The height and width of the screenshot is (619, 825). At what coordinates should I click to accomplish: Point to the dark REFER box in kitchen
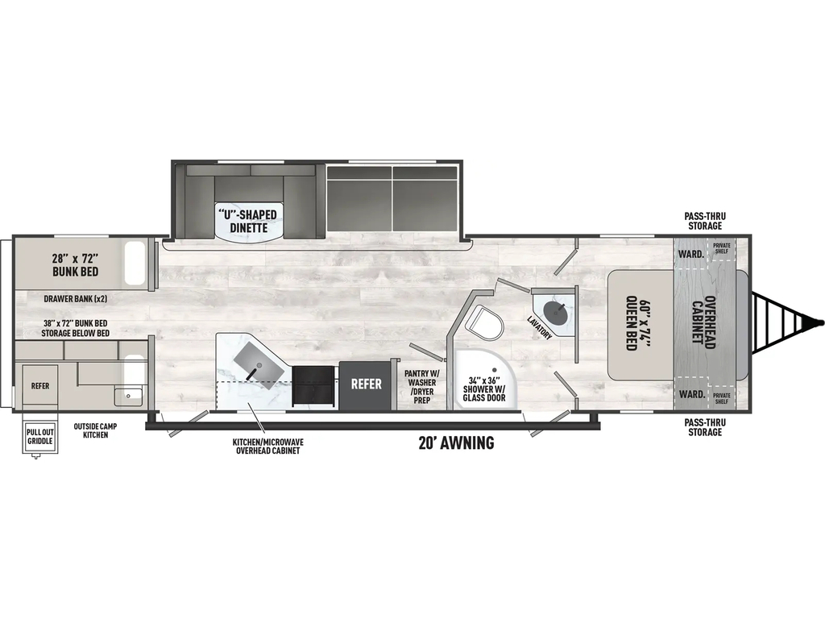tap(365, 384)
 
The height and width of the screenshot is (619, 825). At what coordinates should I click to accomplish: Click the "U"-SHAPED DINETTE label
tap(248, 221)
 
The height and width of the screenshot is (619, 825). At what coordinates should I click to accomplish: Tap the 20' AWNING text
tap(456, 443)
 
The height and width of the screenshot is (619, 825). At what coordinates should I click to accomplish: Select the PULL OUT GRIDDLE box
tap(40, 437)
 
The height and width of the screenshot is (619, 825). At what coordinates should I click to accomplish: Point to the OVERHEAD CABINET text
tap(703, 322)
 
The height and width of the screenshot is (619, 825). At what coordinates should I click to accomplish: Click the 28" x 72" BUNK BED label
tap(75, 265)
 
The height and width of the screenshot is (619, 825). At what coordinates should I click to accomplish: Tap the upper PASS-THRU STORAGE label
tap(705, 221)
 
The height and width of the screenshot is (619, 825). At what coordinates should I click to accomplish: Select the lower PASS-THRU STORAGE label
tap(705, 427)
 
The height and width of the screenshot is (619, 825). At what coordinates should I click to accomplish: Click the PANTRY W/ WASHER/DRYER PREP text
tap(421, 387)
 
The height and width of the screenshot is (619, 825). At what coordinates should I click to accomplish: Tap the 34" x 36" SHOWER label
tap(484, 389)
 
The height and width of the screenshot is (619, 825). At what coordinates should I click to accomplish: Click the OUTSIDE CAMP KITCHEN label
tap(95, 430)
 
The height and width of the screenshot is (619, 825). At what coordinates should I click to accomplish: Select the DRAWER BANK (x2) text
tap(75, 299)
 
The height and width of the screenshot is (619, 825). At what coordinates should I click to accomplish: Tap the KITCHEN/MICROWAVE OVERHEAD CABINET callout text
tap(267, 447)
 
